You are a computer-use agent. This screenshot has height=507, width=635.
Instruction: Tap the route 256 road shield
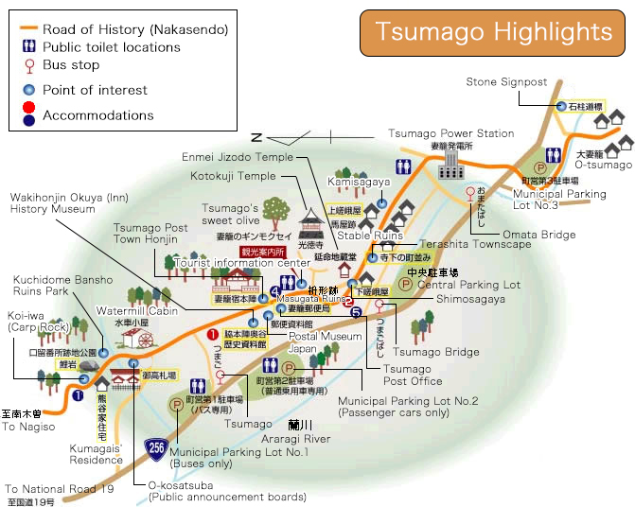pyautogui.click(x=158, y=447)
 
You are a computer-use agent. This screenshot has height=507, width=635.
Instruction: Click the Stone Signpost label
pyautogui.click(x=507, y=82)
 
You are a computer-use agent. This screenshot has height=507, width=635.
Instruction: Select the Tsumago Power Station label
pyautogui.click(x=451, y=133)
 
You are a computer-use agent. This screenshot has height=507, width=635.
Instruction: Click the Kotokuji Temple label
pyautogui.click(x=232, y=176)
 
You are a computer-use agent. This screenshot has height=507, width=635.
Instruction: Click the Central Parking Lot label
pyautogui.click(x=468, y=285)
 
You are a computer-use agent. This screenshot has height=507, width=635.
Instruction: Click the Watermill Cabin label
pyautogui.click(x=137, y=311)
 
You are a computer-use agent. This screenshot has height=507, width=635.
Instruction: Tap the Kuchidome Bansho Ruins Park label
pyautogui.click(x=62, y=286)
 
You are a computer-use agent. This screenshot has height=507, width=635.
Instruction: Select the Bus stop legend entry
pyautogui.click(x=70, y=65)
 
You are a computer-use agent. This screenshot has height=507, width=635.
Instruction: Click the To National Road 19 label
pyautogui.click(x=59, y=489)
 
